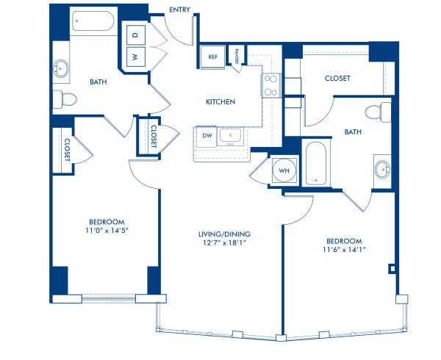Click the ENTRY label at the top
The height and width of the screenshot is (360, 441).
180,10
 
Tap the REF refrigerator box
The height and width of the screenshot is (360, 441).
212,57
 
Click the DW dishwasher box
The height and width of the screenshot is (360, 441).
207,136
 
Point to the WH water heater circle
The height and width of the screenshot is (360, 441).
284,171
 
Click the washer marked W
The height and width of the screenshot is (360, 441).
135,57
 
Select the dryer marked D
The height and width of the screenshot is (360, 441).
135,35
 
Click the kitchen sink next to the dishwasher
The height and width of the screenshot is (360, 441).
235,136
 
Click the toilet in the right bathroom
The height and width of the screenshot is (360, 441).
374,112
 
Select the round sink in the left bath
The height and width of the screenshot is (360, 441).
60,69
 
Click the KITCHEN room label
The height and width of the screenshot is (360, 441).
220,101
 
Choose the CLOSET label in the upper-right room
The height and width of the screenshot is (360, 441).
336,78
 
